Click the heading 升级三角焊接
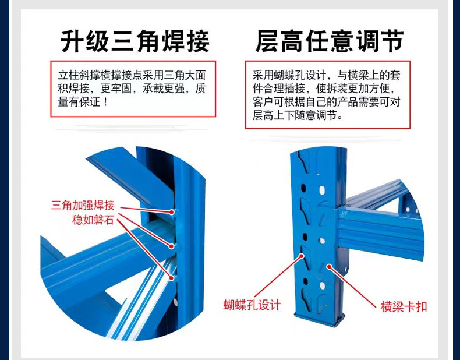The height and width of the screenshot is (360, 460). (135, 41)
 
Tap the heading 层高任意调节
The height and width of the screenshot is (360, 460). (330, 41)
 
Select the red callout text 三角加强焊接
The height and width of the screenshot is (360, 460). (83, 205)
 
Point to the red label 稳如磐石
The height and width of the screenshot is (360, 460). (93, 220)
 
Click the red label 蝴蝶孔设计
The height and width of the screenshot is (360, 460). (252, 305)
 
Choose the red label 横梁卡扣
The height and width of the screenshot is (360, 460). (404, 307)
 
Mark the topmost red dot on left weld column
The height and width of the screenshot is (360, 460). (172, 211)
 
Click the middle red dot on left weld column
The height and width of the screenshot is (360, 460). (172, 246)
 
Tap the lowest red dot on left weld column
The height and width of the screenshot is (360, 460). (172, 277)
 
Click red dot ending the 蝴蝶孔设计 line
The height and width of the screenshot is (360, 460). (301, 256)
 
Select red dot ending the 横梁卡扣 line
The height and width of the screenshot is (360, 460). (330, 267)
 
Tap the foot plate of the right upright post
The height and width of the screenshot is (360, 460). (319, 318)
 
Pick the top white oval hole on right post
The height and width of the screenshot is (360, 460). (322, 190)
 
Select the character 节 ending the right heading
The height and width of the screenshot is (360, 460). (392, 41)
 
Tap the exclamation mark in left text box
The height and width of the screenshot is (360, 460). (105, 102)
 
